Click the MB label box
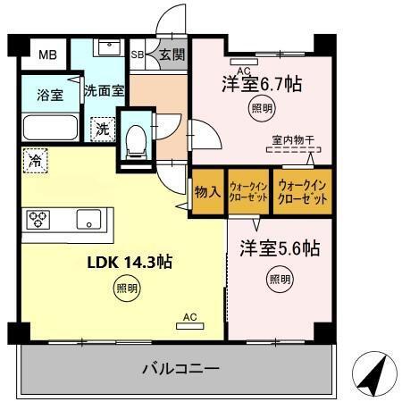coord(46,55)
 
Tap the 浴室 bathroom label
coord(50,96)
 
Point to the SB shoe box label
coord(138,54)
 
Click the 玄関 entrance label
coord(171,54)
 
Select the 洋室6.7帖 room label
coord(261,85)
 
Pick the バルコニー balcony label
coord(180,367)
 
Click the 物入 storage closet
coord(208,190)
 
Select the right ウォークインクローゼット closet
coord(303,190)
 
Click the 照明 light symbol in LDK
coord(126,288)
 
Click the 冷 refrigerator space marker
coord(36,162)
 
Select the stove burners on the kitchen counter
coord(41,219)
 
